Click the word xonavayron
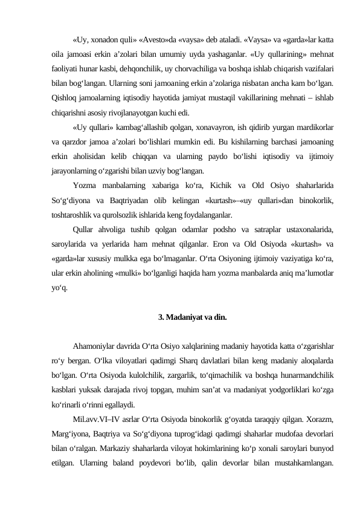click(x=208, y=128)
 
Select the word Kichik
click(x=236, y=186)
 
